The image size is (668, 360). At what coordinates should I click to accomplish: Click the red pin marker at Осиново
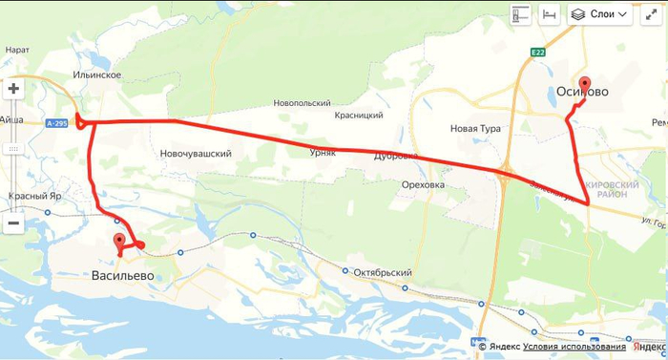584,84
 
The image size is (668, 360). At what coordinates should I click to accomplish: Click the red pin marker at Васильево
119,242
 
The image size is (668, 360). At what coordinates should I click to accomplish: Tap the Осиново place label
582,94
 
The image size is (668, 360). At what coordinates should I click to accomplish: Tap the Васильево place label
122,276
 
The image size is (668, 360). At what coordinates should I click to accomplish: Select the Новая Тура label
476,127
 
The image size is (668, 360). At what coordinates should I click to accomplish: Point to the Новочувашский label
196,153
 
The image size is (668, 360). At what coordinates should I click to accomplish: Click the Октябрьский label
381,272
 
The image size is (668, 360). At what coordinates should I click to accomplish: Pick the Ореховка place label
424,184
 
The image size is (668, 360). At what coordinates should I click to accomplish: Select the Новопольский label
302,103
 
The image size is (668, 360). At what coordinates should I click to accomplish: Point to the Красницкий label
359,115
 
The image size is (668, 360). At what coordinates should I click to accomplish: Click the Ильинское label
96,74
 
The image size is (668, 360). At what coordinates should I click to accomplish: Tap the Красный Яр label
35,196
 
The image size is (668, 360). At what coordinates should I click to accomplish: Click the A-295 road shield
56,122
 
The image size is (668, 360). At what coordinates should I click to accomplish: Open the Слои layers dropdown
600,14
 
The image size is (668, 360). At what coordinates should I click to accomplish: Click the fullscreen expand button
652,14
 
